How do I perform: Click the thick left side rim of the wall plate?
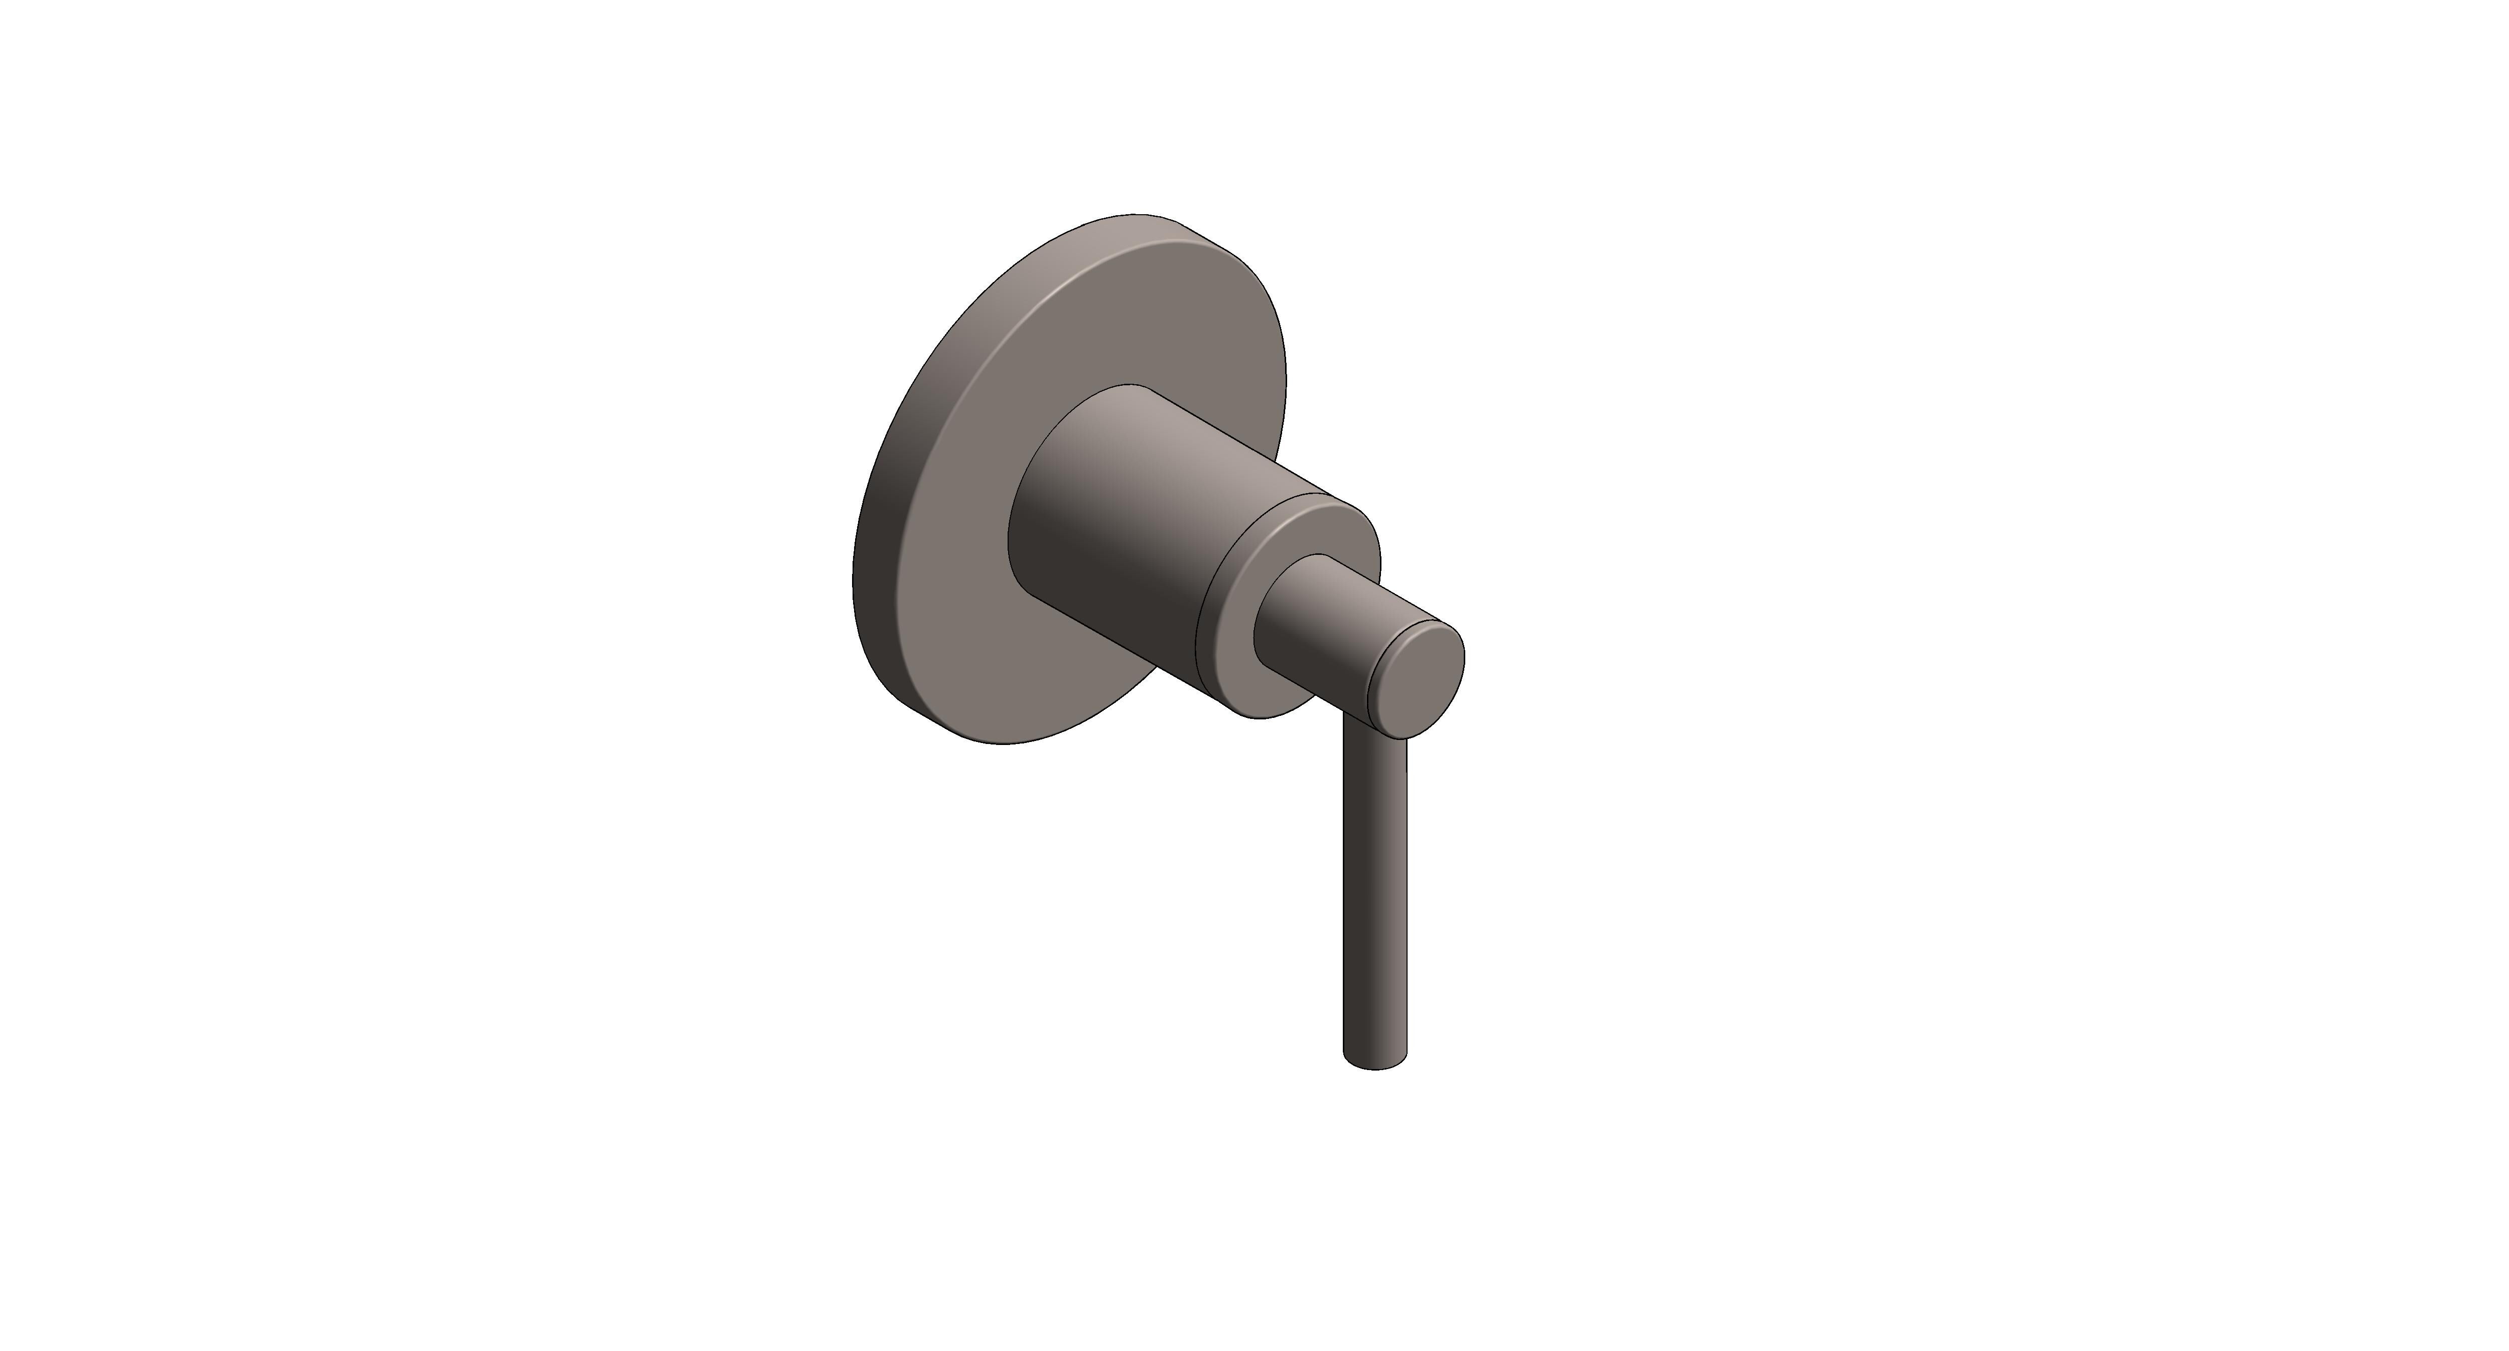click(877, 545)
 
